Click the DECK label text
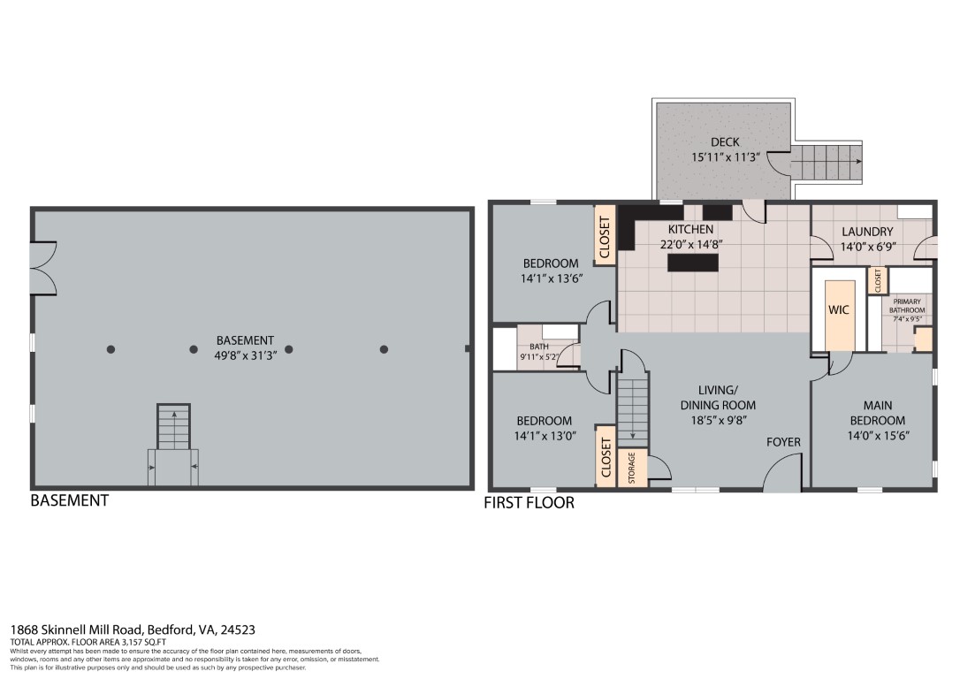(x=724, y=141)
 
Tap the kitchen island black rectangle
(x=692, y=263)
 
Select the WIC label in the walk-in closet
(x=838, y=310)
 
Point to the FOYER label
(x=782, y=442)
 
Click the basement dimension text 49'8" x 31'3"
(x=245, y=355)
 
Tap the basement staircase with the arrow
(x=173, y=427)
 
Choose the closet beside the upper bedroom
(x=605, y=235)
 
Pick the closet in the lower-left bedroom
(x=606, y=456)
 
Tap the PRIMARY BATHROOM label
(x=907, y=306)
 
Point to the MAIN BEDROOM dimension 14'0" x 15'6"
(x=877, y=435)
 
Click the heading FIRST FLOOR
(x=529, y=503)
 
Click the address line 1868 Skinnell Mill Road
(x=133, y=629)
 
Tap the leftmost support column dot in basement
(x=110, y=349)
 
